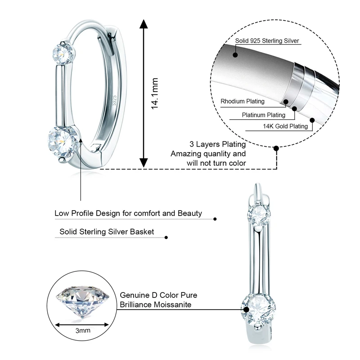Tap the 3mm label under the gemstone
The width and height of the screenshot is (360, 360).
pos(83,330)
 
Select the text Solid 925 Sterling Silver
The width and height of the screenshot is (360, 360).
pos(267,41)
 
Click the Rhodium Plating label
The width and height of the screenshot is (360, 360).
pos(245,101)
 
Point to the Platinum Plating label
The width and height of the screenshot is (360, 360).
pos(263,115)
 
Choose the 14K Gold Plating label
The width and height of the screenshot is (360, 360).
pos(285,126)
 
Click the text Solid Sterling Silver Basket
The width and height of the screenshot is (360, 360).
pos(107,232)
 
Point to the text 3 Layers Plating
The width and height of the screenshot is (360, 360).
pos(218,144)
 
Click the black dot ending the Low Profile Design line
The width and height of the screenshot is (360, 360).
pos(215,219)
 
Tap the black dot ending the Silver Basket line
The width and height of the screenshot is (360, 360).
pos(166,237)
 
